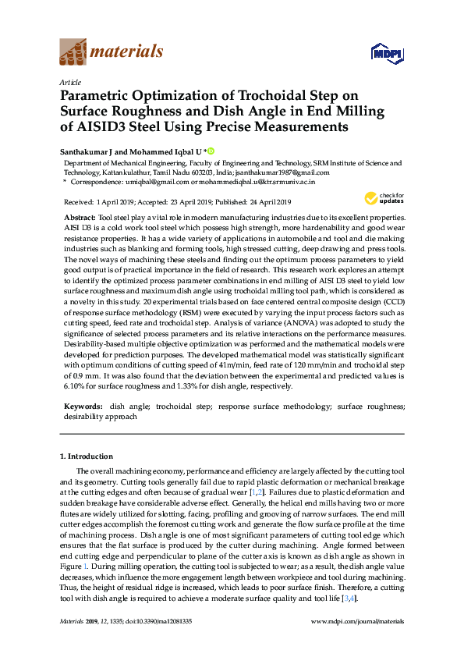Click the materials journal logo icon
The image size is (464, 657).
click(x=74, y=53)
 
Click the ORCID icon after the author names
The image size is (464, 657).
click(x=211, y=150)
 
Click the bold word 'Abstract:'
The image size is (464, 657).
click(x=80, y=216)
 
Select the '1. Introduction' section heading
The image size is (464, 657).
click(x=87, y=456)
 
